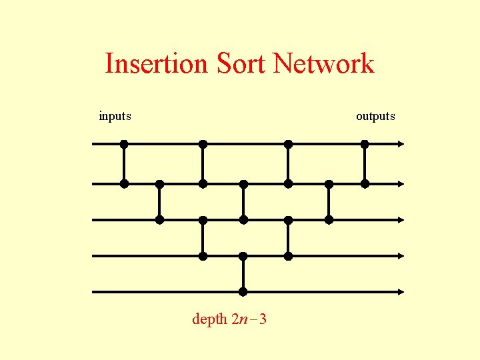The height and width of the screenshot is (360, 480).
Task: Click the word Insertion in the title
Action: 156,64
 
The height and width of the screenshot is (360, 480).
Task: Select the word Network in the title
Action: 323,64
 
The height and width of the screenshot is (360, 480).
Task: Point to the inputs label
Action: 115,116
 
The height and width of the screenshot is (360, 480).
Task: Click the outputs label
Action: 375,116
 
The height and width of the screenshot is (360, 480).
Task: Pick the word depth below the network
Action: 209,319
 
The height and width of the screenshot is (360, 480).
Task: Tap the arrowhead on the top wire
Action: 401,143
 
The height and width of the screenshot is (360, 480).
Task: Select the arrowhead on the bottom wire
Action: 401,291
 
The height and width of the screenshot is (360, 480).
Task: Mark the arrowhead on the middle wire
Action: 401,219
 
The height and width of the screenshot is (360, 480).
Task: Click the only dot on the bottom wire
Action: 243,291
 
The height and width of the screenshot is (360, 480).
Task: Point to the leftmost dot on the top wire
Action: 124,143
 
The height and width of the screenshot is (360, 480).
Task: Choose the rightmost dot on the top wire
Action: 365,143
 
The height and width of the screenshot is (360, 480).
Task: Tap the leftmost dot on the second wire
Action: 124,183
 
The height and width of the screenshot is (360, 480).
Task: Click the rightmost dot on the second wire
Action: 365,183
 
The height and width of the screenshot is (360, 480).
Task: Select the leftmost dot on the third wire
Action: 160,219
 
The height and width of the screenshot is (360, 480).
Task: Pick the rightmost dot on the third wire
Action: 329,219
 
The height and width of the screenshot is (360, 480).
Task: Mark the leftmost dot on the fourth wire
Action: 203,255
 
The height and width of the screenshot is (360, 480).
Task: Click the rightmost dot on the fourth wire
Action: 288,255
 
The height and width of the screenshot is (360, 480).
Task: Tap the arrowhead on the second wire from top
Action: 401,183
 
